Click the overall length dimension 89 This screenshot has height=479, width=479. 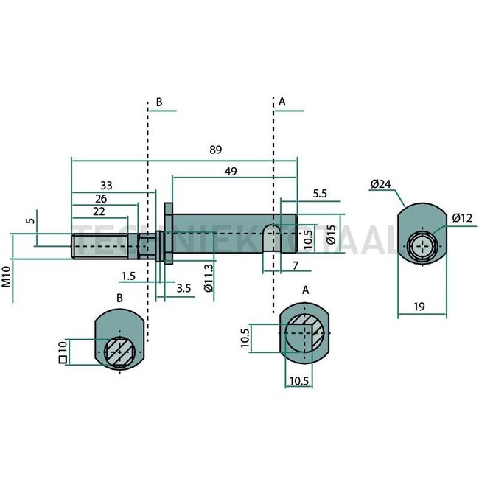click(x=215, y=150)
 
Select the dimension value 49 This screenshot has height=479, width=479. click(x=231, y=171)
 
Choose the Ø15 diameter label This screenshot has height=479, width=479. click(x=330, y=236)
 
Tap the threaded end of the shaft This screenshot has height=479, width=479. click(x=103, y=246)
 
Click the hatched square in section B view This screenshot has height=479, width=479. click(x=119, y=352)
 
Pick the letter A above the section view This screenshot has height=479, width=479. click(x=306, y=290)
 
